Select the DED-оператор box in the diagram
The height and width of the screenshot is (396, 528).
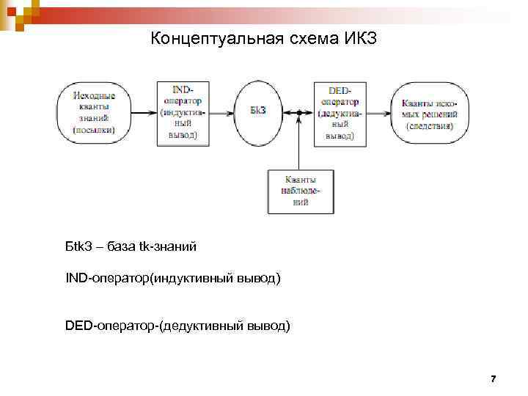click(x=340, y=112)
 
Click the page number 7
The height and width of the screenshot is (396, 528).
click(x=493, y=379)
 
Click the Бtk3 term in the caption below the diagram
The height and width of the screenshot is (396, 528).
click(x=78, y=246)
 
